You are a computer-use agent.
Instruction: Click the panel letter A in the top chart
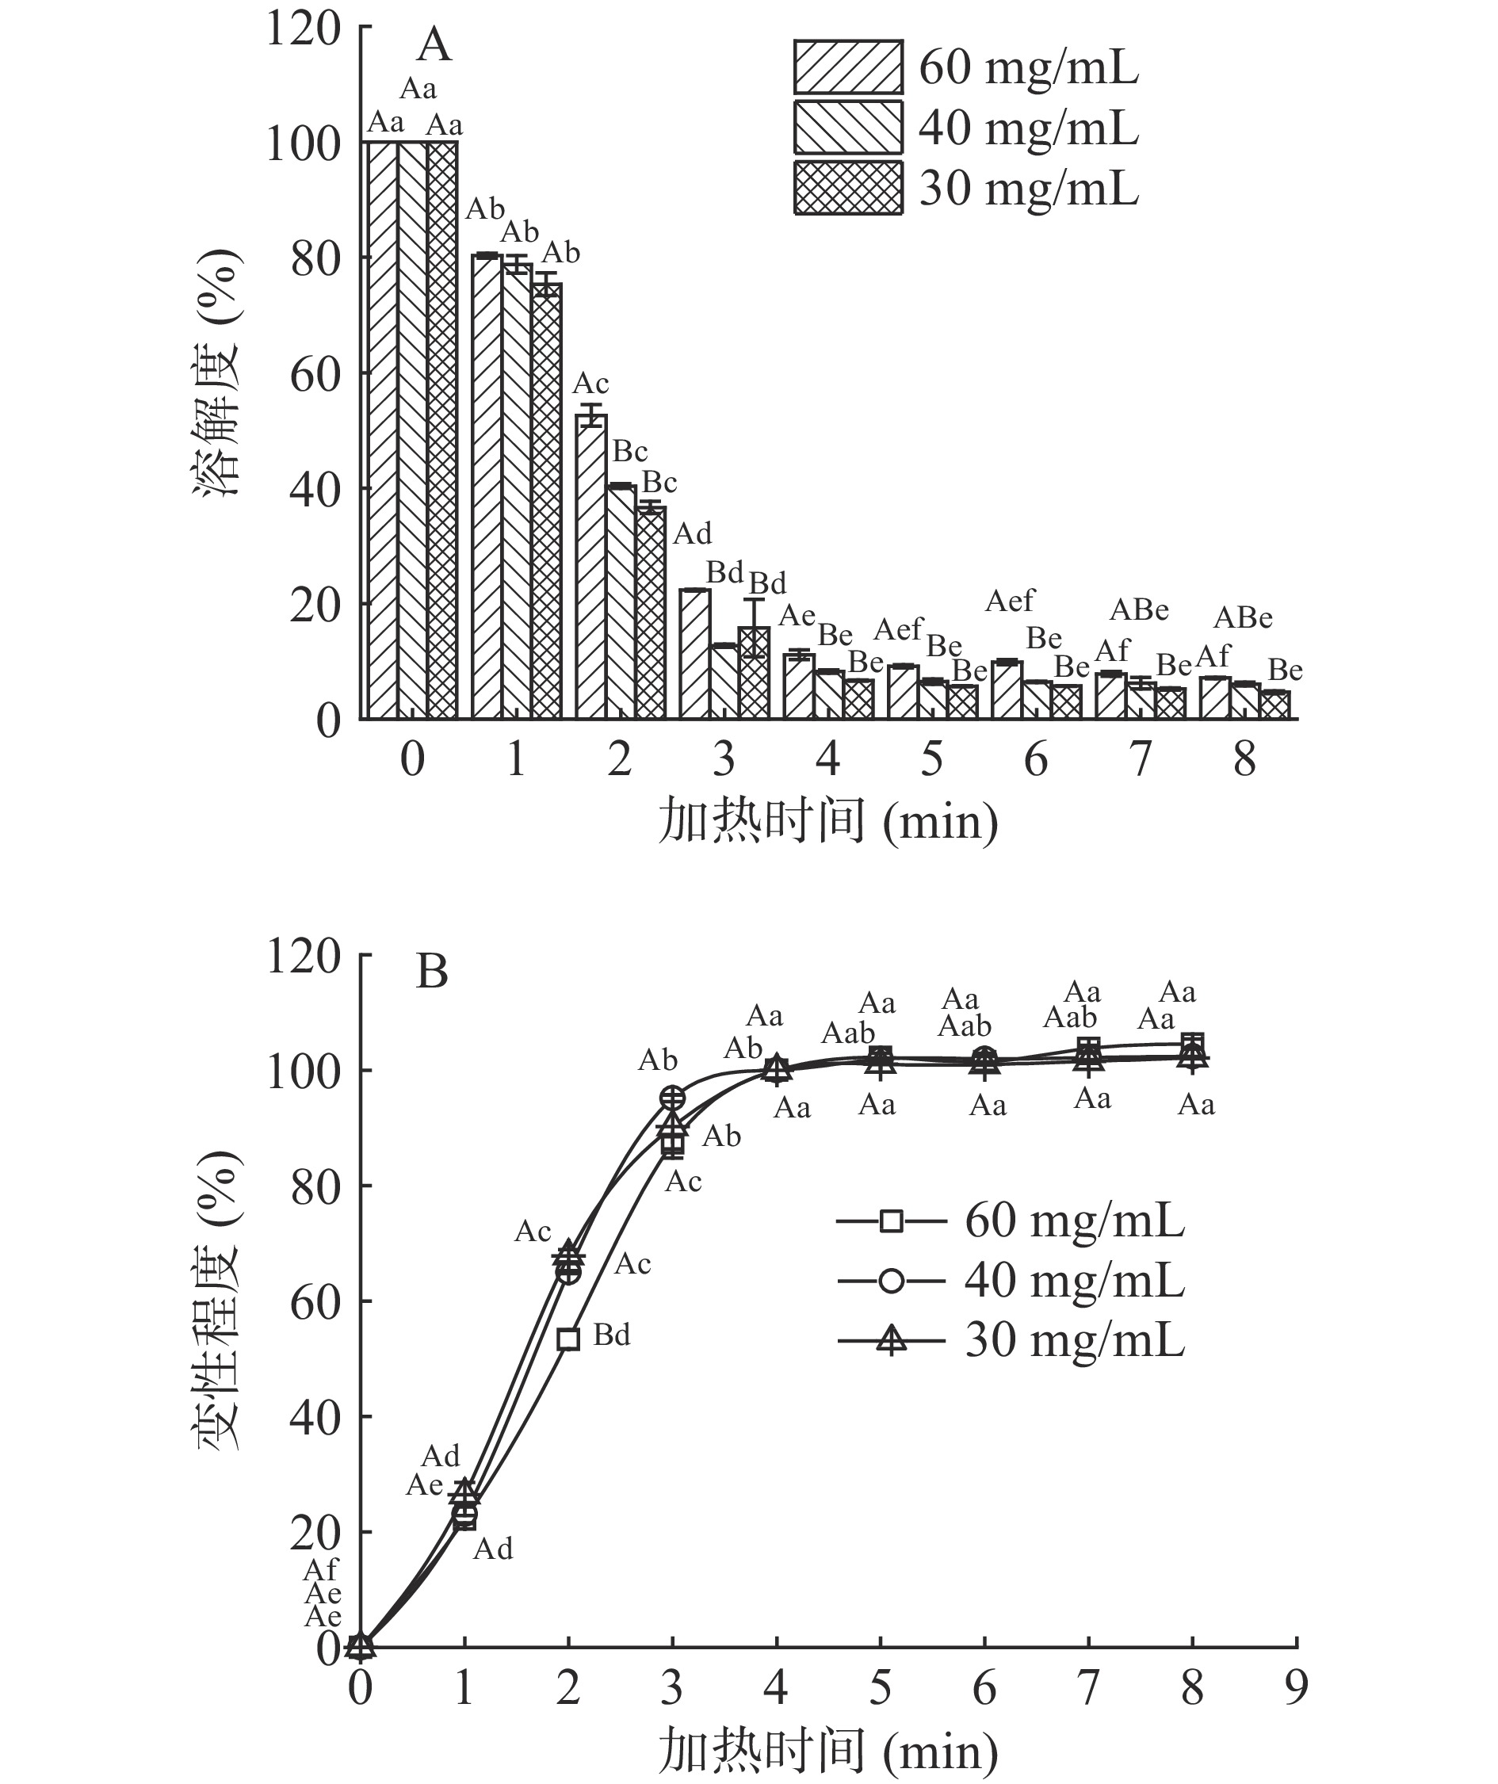(x=434, y=45)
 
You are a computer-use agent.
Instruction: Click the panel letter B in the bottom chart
(x=432, y=971)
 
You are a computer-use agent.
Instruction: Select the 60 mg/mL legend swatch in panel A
(x=848, y=67)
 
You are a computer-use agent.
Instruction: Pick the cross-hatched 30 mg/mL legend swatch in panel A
(x=848, y=187)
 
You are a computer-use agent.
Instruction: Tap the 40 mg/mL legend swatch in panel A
(x=848, y=127)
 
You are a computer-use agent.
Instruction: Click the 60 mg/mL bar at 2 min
(x=591, y=569)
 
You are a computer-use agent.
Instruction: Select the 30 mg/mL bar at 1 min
(x=546, y=501)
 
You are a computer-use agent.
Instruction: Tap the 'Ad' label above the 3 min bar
(x=693, y=534)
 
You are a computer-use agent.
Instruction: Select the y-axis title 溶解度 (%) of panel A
(x=219, y=374)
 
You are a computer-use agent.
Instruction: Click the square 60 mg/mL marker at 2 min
(x=568, y=1339)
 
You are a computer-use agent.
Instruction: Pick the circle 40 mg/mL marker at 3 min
(x=672, y=1098)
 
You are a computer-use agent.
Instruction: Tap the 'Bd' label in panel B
(x=612, y=1335)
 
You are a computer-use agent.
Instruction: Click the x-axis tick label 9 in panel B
(x=1296, y=1689)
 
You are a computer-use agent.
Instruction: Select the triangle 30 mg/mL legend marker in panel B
(x=890, y=1342)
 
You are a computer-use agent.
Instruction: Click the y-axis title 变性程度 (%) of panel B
(x=219, y=1301)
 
